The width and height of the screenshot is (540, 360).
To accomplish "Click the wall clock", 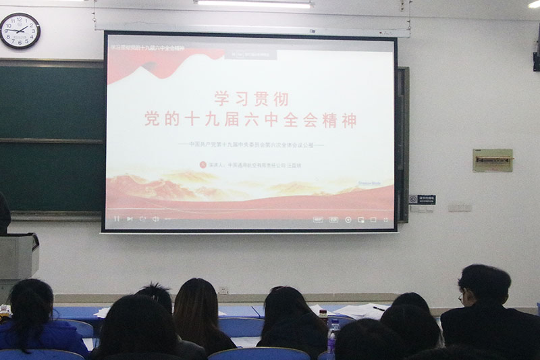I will tap(20, 30).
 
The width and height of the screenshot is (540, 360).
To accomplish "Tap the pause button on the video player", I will tap(117, 219).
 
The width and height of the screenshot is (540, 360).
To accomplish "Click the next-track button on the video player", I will tap(129, 219).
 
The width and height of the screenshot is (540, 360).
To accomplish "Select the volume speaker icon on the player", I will tap(155, 219).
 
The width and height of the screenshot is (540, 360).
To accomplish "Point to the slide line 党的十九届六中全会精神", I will tap(250, 121).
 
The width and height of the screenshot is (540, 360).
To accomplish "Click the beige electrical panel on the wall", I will tap(492, 160).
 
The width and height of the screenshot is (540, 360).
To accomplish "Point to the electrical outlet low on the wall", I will tap(223, 290).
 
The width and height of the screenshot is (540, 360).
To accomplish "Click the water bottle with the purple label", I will tap(332, 336).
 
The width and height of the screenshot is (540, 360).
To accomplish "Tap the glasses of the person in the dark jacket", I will tap(460, 296).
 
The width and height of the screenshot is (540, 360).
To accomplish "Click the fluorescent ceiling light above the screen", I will tap(254, 3).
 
